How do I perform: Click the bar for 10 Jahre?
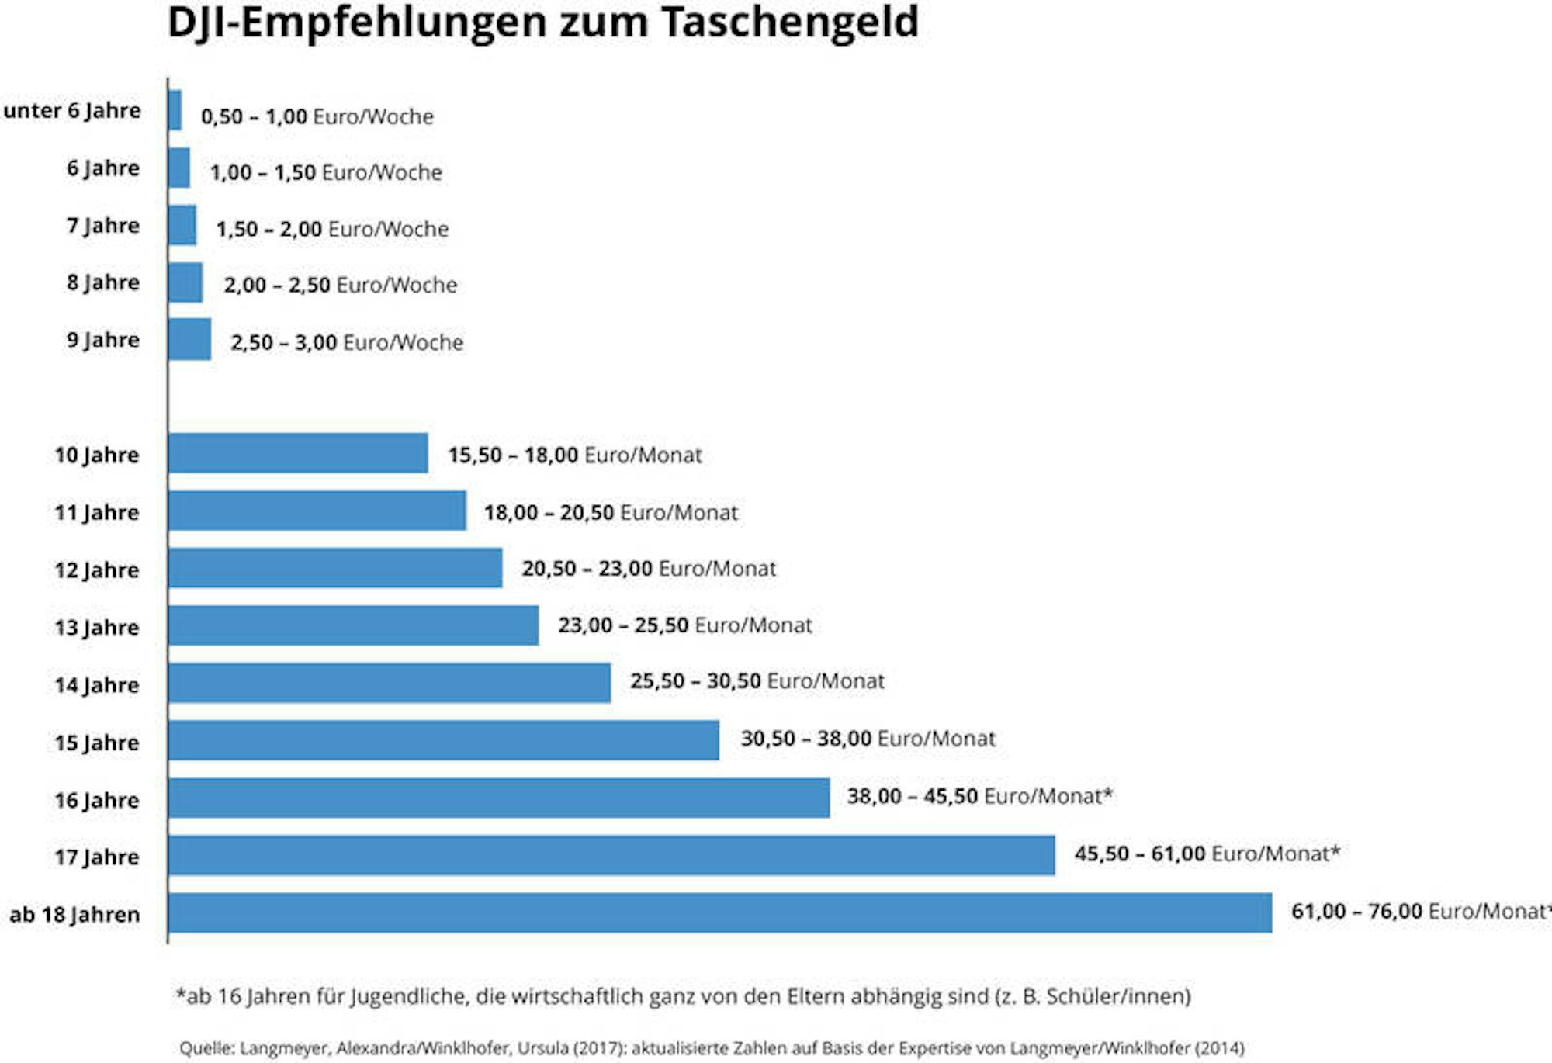tap(298, 453)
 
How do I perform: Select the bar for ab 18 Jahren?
tap(720, 913)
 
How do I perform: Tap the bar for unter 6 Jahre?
tap(175, 110)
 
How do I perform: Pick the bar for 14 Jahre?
tap(390, 683)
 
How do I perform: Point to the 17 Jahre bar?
tap(611, 855)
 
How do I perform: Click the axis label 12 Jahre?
tap(97, 570)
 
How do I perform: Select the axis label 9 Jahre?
tap(103, 340)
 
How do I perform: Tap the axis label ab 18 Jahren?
tap(74, 915)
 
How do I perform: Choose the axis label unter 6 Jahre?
tap(72, 110)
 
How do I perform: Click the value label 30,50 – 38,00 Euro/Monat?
tap(868, 739)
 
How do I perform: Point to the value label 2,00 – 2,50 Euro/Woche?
tap(340, 286)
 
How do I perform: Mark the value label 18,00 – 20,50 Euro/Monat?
tap(611, 513)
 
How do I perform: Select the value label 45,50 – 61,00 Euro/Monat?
tap(1207, 854)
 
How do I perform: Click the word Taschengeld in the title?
tap(790, 22)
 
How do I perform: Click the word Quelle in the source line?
tap(206, 1049)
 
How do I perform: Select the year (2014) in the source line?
tap(1219, 1049)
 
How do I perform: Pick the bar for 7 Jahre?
tap(182, 225)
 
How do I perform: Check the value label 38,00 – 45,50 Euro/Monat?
tap(979, 797)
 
